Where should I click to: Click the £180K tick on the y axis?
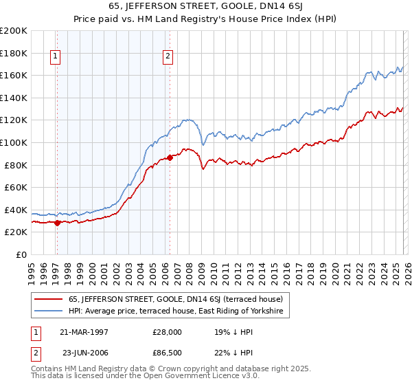14,53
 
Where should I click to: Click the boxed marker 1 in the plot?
55,58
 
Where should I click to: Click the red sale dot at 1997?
58,223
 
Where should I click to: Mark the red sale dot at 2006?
170,157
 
